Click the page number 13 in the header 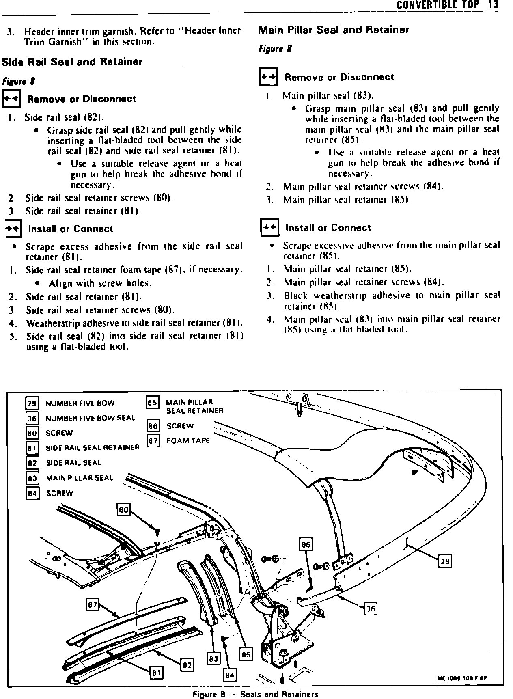pyautogui.click(x=493, y=5)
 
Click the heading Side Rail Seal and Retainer pyautogui.click(x=72, y=62)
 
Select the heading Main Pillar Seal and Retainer pyautogui.click(x=334, y=30)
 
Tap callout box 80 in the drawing pyautogui.click(x=123, y=510)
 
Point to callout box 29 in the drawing pyautogui.click(x=445, y=561)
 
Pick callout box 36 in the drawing pyautogui.click(x=371, y=609)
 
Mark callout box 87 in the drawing pyautogui.click(x=93, y=605)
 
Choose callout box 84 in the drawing pyautogui.click(x=230, y=675)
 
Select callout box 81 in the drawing pyautogui.click(x=156, y=673)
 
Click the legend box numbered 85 pyautogui.click(x=152, y=403)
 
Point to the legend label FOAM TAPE pyautogui.click(x=188, y=441)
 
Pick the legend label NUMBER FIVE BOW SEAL pyautogui.click(x=90, y=418)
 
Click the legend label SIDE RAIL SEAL pyautogui.click(x=73, y=463)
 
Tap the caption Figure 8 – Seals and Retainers pyautogui.click(x=255, y=694)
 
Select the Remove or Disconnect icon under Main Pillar pyautogui.click(x=268, y=77)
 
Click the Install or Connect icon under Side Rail pyautogui.click(x=13, y=229)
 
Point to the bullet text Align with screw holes pyautogui.click(x=100, y=283)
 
